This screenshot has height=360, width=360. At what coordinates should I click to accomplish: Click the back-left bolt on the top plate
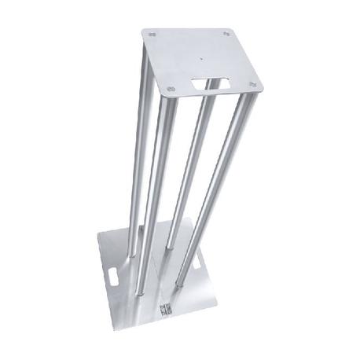pos(152,34)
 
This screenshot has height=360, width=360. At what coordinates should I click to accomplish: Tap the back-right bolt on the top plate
pos(226,34)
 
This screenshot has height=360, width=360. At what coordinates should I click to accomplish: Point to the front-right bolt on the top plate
pos(252,84)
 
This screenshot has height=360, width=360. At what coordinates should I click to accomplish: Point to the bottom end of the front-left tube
pos(142,292)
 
